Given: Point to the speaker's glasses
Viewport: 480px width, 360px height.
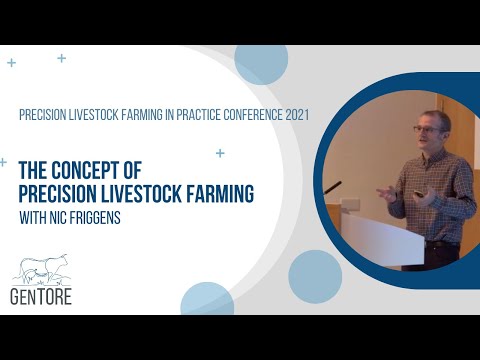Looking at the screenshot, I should click(426, 129).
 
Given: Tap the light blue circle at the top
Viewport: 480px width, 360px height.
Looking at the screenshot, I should click(261, 62).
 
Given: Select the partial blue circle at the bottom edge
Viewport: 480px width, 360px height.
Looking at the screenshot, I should click(207, 301).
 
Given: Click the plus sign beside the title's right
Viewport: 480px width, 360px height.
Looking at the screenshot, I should click(220, 153).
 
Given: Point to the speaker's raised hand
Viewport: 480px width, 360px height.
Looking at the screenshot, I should click(386, 191).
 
